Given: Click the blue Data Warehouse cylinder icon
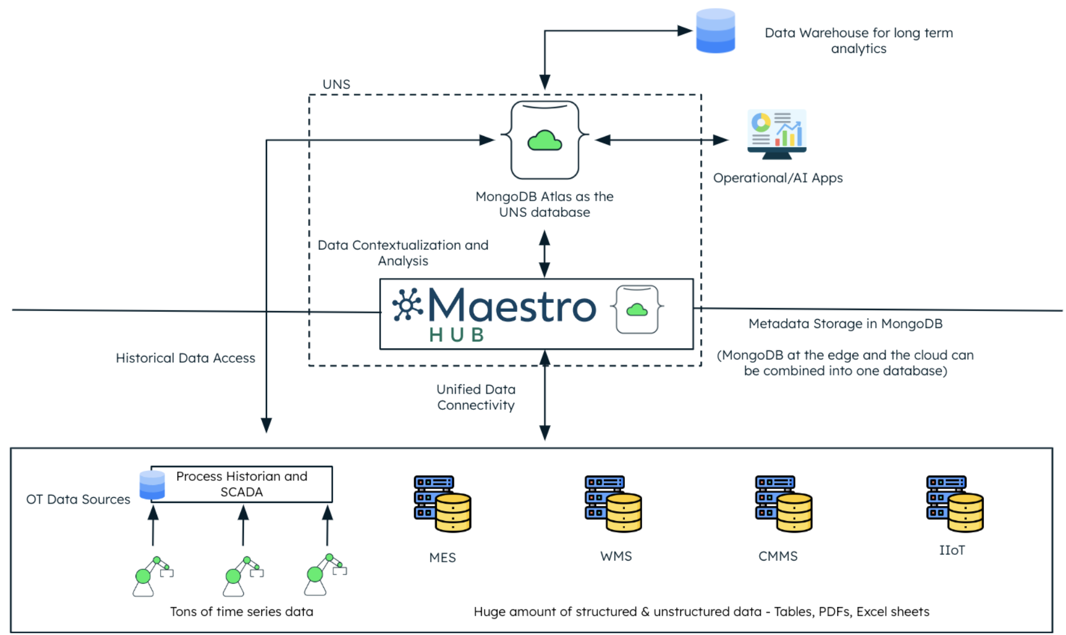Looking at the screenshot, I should click(x=715, y=31).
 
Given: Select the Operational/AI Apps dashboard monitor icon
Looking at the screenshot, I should click(x=777, y=134).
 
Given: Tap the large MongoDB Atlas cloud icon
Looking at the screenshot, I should click(x=545, y=140).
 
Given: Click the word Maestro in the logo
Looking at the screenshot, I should click(x=511, y=306).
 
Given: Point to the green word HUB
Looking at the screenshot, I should click(x=457, y=335).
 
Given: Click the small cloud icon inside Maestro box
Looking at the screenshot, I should click(x=637, y=309).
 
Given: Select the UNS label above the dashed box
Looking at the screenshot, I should click(x=336, y=84).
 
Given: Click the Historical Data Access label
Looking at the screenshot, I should click(x=185, y=358).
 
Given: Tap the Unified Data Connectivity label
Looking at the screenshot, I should click(x=476, y=397).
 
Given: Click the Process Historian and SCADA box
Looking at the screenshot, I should click(x=242, y=484).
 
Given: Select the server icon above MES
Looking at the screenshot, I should click(x=442, y=504).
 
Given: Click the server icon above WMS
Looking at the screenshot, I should click(x=613, y=504).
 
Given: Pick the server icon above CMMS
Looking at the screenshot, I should click(x=783, y=504).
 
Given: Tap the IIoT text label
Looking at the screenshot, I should click(x=952, y=550).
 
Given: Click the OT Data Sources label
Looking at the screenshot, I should click(x=78, y=500).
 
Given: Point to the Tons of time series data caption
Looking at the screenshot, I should click(x=241, y=612).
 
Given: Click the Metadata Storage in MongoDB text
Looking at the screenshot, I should click(x=845, y=324).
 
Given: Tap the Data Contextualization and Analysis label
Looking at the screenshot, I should click(x=403, y=253).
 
